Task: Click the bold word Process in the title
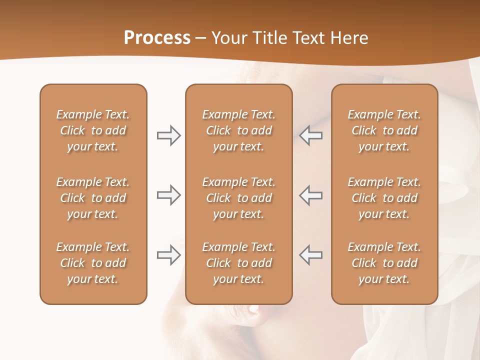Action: click(x=157, y=38)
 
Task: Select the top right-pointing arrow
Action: click(x=168, y=135)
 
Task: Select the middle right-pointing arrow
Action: click(x=168, y=195)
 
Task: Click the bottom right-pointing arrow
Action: click(x=168, y=255)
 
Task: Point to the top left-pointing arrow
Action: click(x=310, y=135)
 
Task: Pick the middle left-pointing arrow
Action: click(x=310, y=195)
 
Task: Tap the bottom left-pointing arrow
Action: click(x=310, y=255)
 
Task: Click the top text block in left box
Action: click(x=93, y=130)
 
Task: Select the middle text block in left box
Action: click(x=93, y=198)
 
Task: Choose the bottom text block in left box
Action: click(x=93, y=263)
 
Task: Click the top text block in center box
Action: click(x=238, y=130)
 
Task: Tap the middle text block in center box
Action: click(x=238, y=198)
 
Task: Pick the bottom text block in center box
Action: click(x=238, y=263)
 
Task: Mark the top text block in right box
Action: click(x=384, y=130)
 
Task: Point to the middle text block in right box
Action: click(x=384, y=198)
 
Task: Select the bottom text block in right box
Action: click(x=384, y=263)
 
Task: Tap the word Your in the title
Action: click(x=228, y=38)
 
